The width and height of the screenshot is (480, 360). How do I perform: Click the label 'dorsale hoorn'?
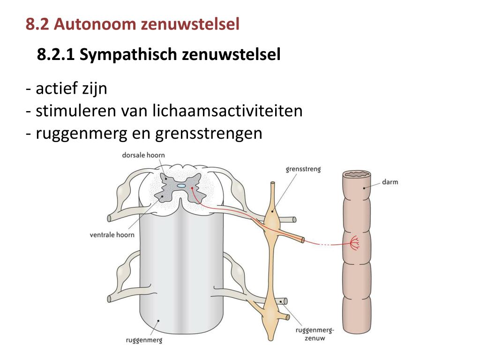click(143, 155)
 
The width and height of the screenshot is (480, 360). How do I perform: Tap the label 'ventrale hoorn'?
click(112, 235)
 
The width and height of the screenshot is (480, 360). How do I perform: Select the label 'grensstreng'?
click(303, 169)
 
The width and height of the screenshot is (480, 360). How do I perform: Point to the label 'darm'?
click(390, 181)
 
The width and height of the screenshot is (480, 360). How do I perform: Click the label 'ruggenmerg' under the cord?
click(144, 340)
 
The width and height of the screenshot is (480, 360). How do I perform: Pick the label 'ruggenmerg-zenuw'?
click(315, 334)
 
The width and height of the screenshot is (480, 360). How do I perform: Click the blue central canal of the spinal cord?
click(181, 186)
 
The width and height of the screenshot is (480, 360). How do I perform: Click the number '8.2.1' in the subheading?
click(56, 55)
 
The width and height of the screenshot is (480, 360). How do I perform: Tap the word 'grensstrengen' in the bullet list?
click(208, 133)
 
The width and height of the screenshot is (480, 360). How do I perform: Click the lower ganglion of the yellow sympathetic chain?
click(271, 313)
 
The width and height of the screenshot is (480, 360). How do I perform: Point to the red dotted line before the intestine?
click(325, 243)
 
